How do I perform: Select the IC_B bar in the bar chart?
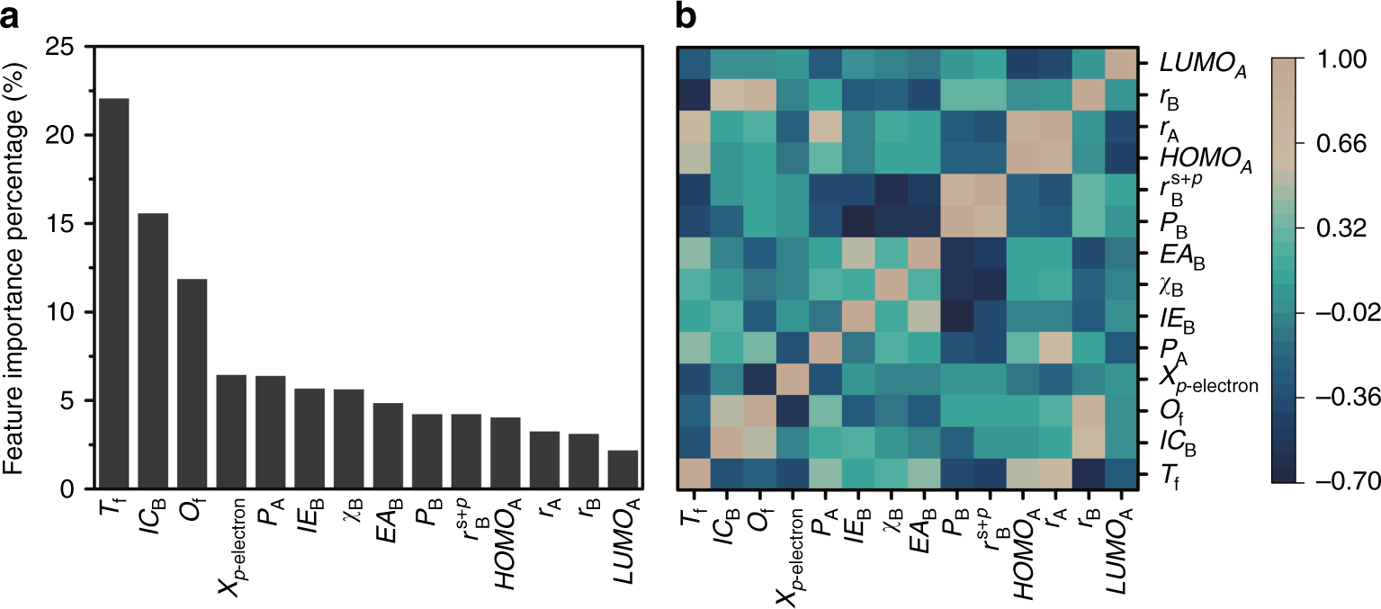(x=153, y=351)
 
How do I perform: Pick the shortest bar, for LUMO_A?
(x=623, y=470)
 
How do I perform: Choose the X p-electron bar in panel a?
(x=231, y=432)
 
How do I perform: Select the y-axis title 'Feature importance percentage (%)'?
(x=18, y=268)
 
